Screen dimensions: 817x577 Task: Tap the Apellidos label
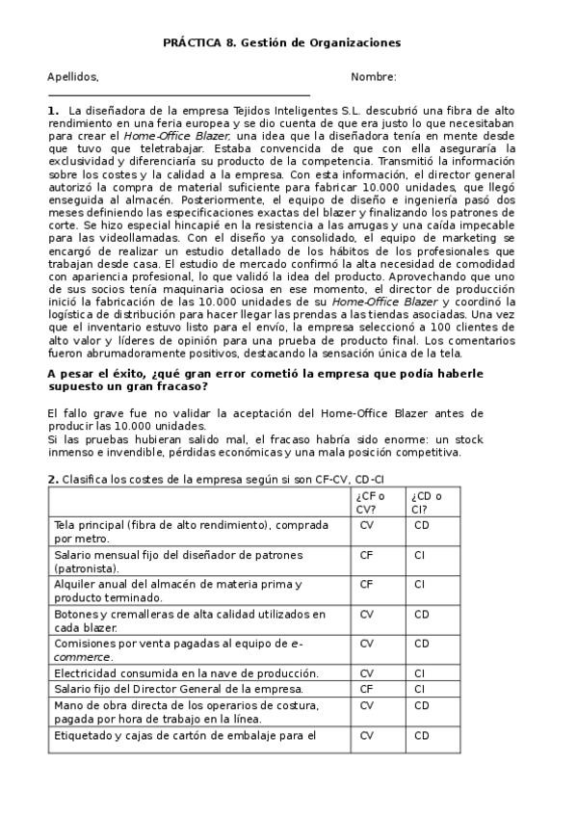[72, 77]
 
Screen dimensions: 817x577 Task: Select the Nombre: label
[373, 77]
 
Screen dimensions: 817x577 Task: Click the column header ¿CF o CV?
[371, 502]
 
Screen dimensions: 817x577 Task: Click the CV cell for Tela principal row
[366, 525]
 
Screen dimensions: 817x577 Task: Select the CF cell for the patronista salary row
[366, 555]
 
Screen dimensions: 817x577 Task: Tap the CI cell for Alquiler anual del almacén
[420, 584]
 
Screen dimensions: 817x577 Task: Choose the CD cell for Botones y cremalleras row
[422, 614]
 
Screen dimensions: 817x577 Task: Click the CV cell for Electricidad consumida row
[366, 673]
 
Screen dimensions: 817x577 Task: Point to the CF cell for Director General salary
[366, 689]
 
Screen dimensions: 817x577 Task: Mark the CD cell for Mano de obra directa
[422, 704]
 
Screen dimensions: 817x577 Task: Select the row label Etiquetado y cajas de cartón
[185, 735]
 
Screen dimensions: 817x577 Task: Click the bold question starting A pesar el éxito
[252, 379]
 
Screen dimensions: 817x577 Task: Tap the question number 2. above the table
[53, 479]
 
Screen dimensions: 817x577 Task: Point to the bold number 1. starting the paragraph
[53, 111]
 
